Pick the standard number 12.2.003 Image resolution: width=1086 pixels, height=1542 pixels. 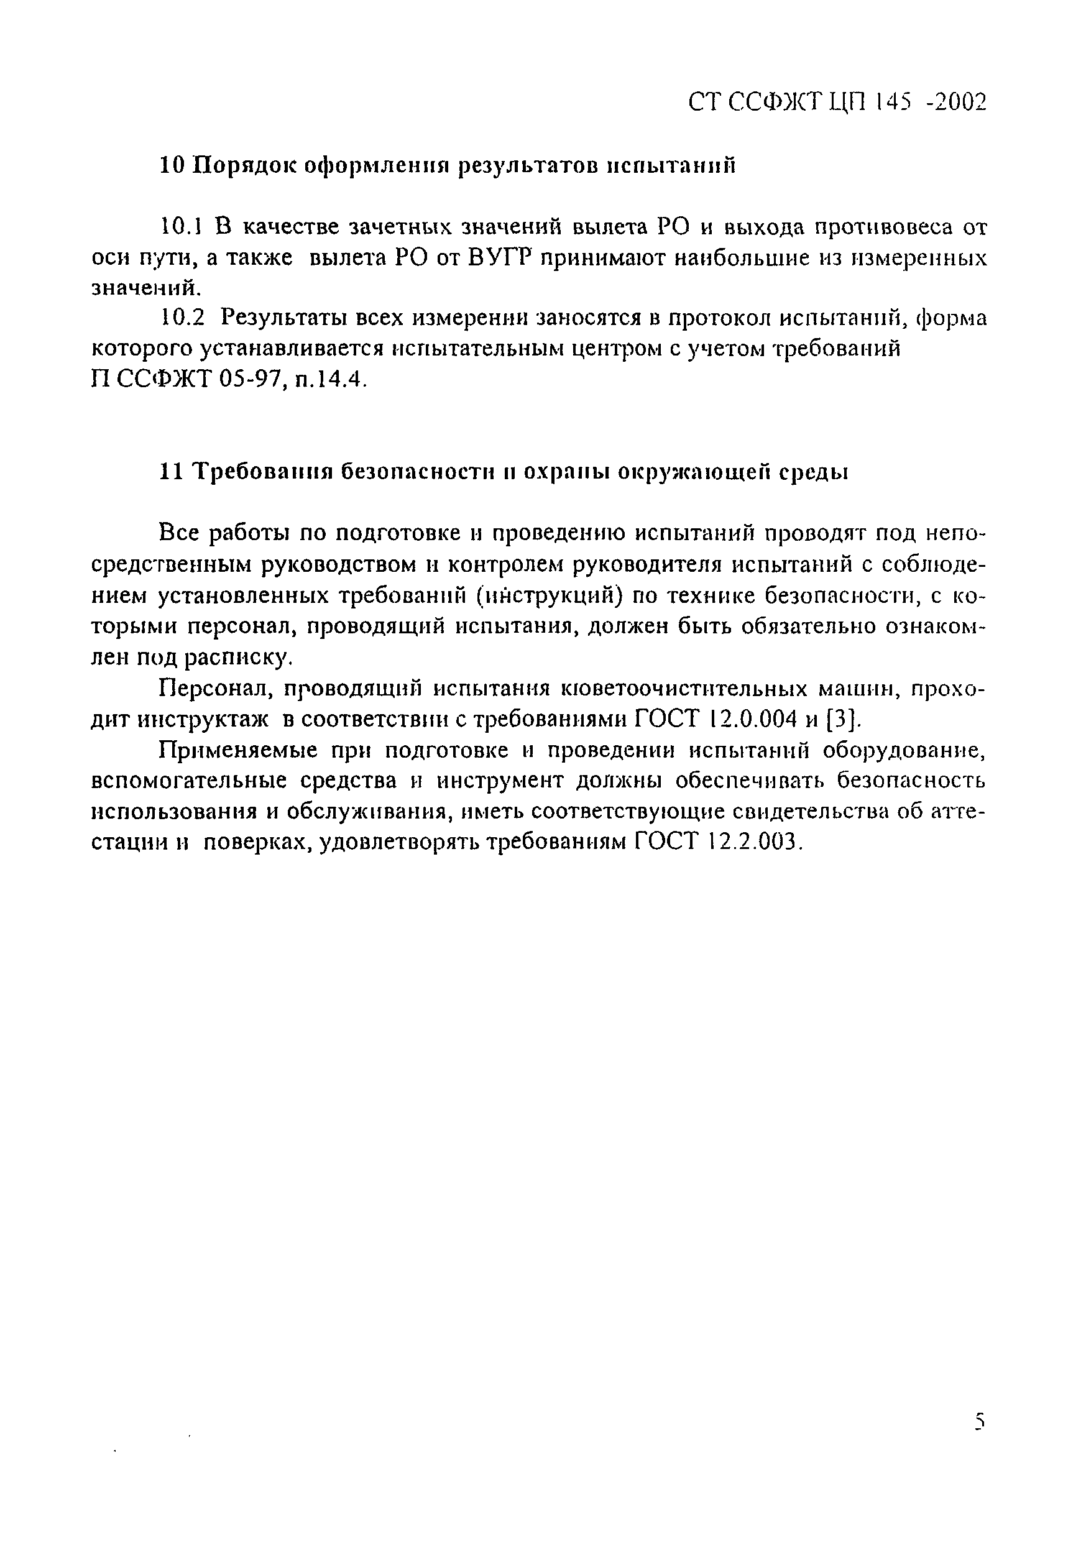(x=754, y=842)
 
